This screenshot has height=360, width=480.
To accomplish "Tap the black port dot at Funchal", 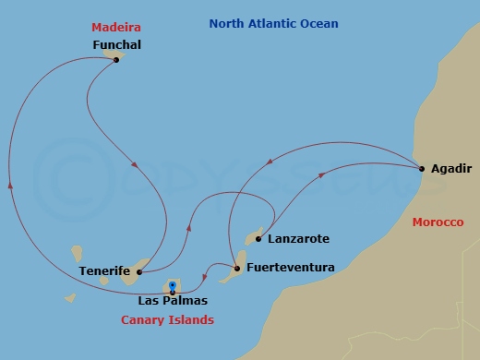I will tap(115, 60).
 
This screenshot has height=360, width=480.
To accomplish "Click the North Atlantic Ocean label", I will tap(273, 24).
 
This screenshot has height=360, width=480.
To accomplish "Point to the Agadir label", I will tap(451, 169).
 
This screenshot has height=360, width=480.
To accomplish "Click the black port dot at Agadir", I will tap(422, 168).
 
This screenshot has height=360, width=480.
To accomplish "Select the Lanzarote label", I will tap(298, 239).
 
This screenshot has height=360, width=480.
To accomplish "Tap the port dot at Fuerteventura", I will tap(237, 269).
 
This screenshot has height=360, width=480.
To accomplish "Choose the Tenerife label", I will tap(103, 271).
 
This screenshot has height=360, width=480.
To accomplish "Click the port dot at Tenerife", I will tap(138, 271).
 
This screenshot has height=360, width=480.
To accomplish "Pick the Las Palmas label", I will tap(173, 301).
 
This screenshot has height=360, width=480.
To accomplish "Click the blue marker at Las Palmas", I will tap(173, 289).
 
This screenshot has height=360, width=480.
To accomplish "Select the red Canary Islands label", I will tap(167, 320).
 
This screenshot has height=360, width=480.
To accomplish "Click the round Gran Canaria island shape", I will tap(173, 287).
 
